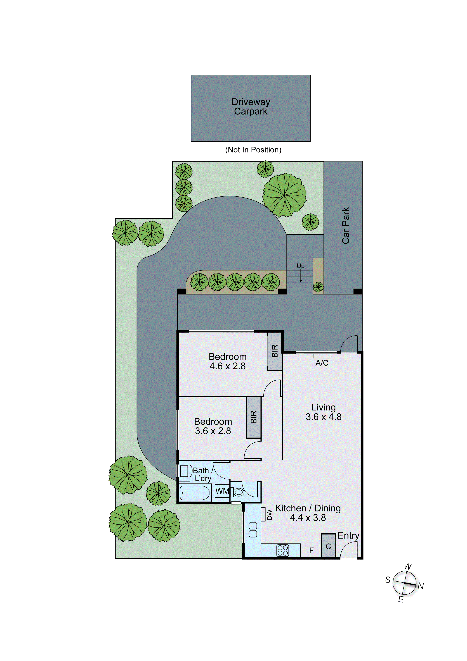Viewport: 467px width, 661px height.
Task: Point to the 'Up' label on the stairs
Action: pos(300,266)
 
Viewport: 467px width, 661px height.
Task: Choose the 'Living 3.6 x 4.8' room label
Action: pos(323,412)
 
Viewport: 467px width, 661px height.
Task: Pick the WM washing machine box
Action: pos(222,491)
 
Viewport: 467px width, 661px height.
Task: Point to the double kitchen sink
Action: pos(253,530)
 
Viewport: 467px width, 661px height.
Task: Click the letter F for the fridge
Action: pos(311,550)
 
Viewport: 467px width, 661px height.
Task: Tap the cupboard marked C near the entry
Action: pos(328,546)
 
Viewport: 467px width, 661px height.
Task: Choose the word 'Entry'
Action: pos(348,535)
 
